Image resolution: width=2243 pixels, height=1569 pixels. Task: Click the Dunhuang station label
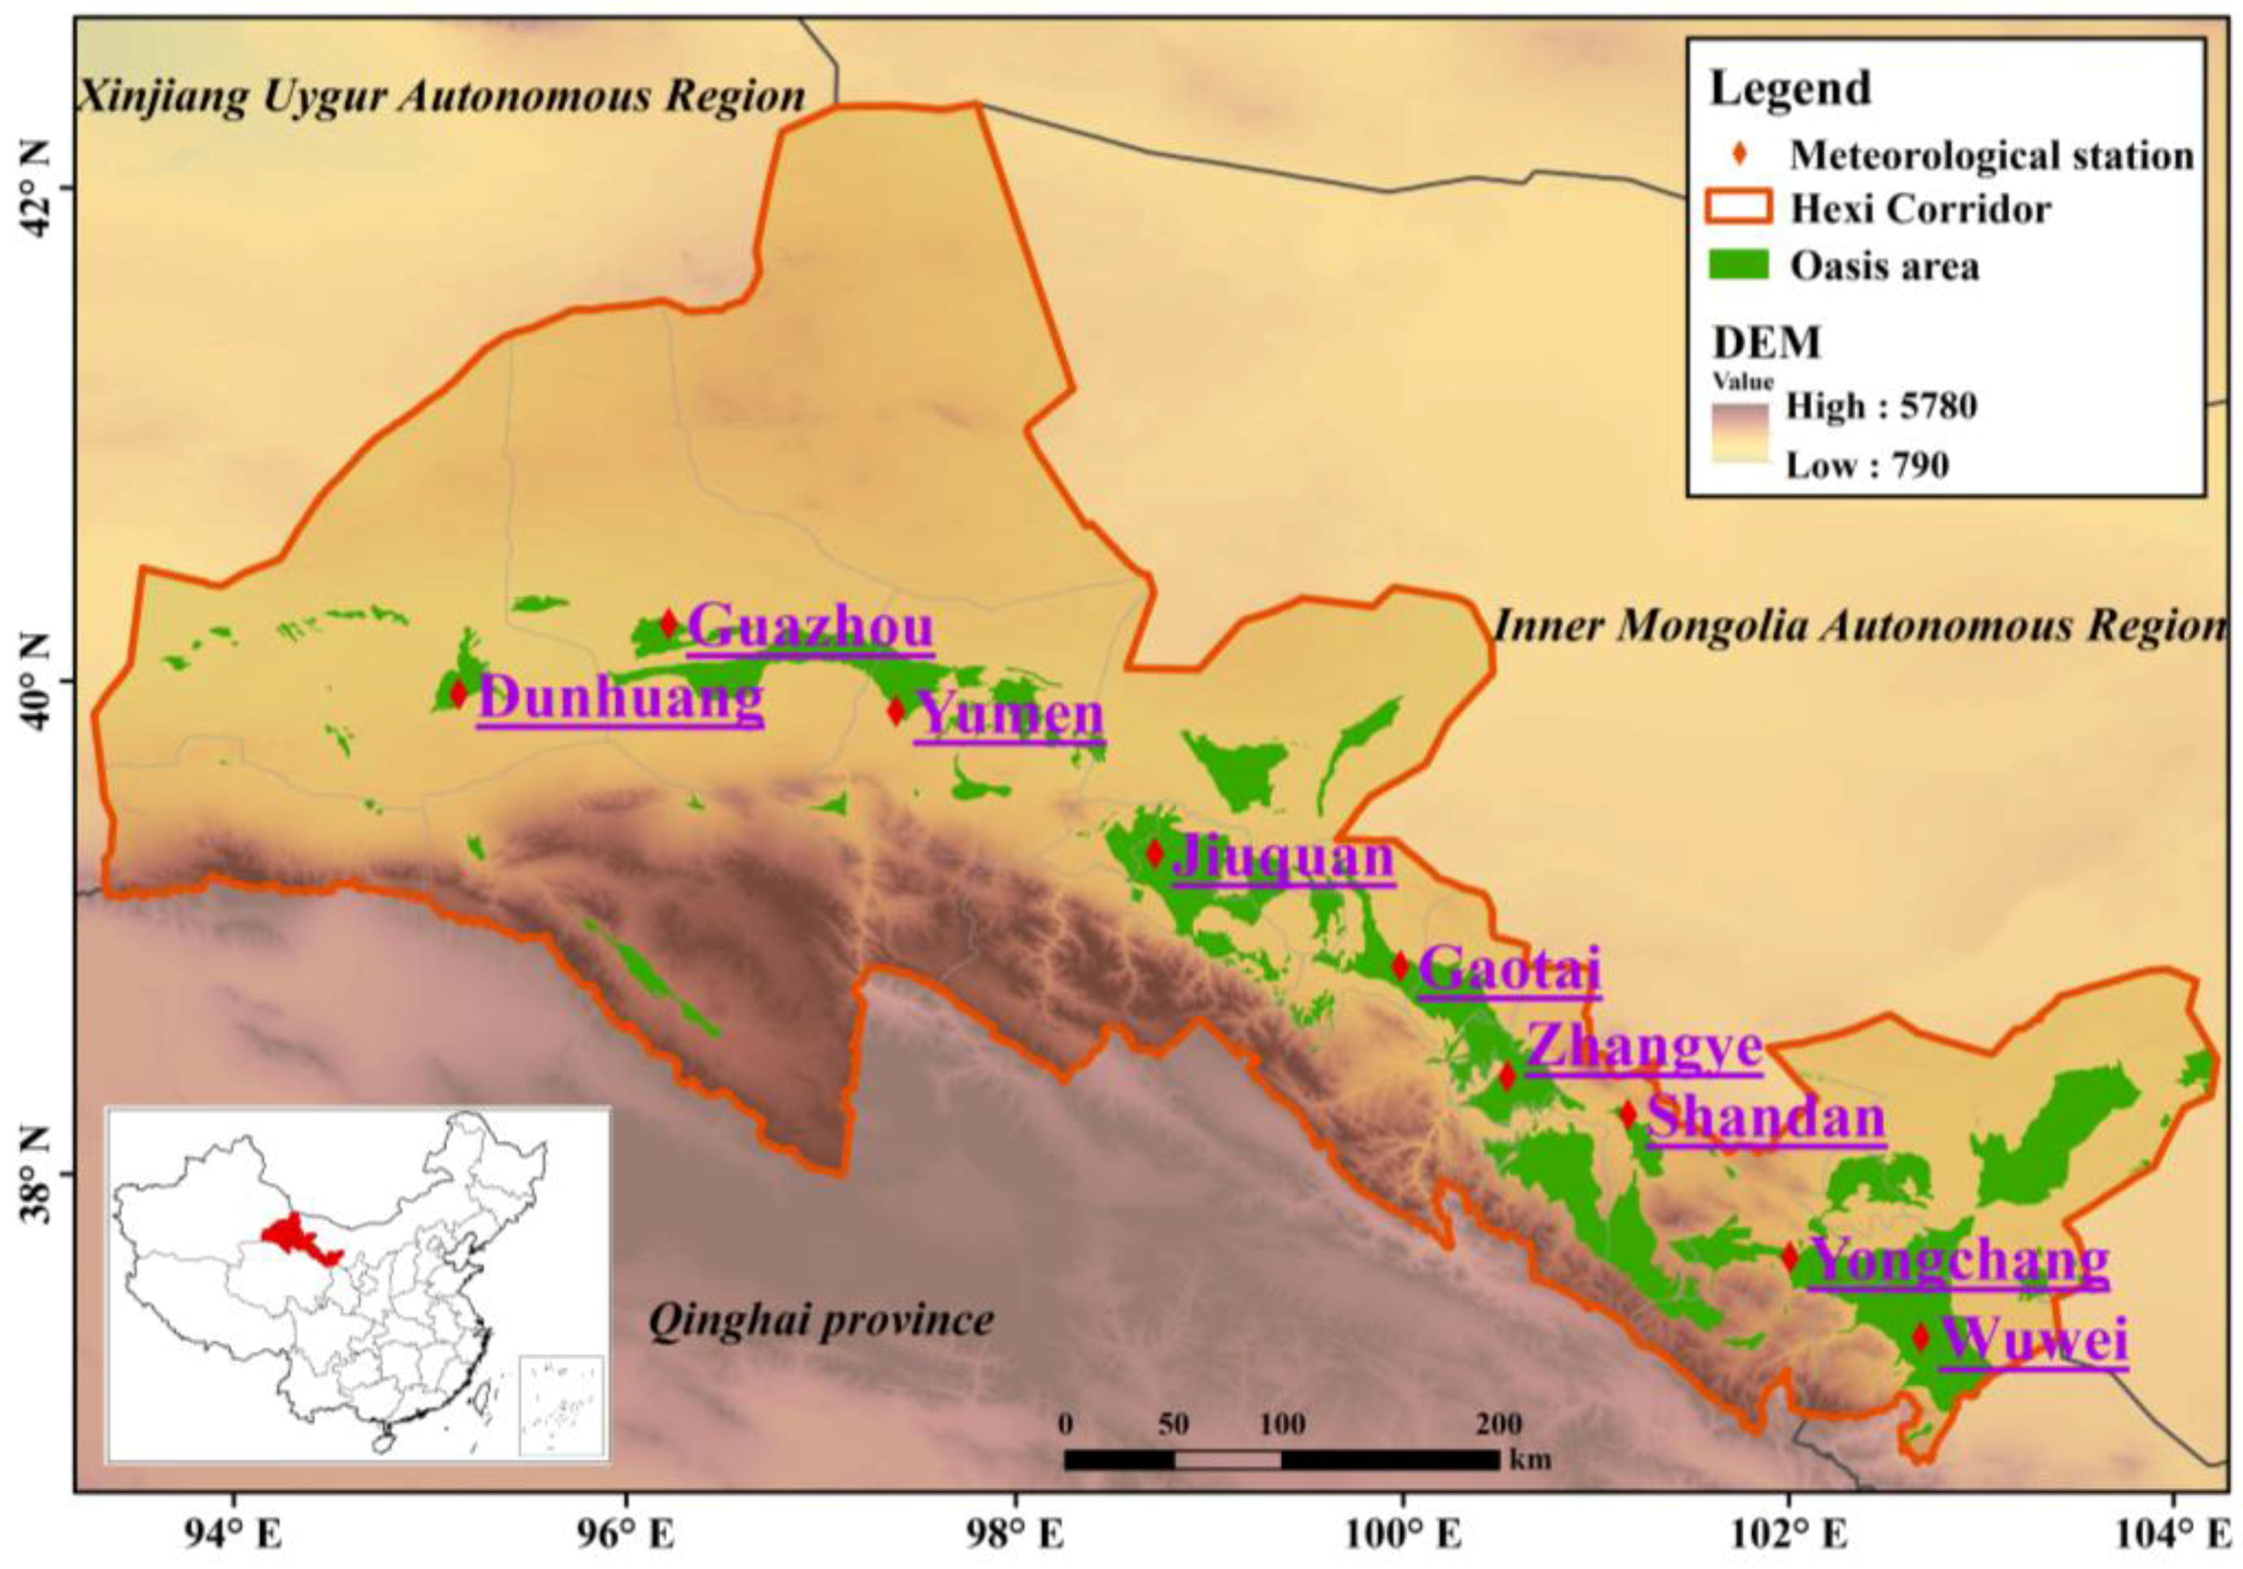[x=620, y=699]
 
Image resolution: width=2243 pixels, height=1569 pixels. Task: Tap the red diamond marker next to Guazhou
[x=669, y=623]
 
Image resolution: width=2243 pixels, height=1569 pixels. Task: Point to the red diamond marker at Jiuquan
[x=1154, y=853]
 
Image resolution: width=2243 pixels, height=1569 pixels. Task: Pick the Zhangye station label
[x=1644, y=1046]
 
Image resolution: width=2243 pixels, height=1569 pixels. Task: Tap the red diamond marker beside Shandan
[x=1628, y=1114]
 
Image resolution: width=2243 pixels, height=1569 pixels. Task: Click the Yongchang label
[x=1958, y=1260]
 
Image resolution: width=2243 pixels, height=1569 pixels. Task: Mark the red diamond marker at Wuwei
[x=1920, y=1336]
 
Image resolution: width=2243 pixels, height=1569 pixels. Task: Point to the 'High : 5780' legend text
[x=1881, y=406]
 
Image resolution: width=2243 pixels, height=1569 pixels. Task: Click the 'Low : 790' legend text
[x=1867, y=465]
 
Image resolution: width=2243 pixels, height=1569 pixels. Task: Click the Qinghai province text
[x=820, y=1321]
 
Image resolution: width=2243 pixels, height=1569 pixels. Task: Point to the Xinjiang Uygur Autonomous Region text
[x=441, y=97]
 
